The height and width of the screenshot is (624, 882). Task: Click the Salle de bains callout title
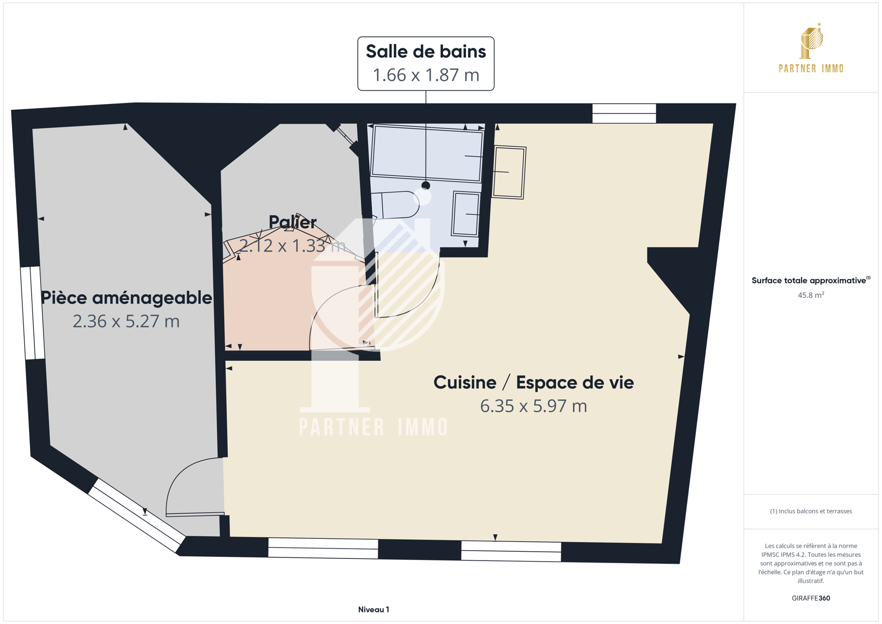pyautogui.click(x=425, y=51)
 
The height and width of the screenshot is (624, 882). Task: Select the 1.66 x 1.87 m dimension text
pyautogui.click(x=425, y=75)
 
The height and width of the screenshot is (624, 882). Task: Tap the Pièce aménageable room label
pyautogui.click(x=126, y=298)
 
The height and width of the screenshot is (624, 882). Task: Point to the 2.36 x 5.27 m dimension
pyautogui.click(x=126, y=321)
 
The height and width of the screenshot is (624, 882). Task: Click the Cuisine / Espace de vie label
pyautogui.click(x=534, y=383)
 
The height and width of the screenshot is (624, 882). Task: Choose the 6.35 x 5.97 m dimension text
pyautogui.click(x=534, y=406)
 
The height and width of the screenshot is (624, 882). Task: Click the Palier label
pyautogui.click(x=293, y=223)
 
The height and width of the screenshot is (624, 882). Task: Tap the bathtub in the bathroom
pyautogui.click(x=427, y=153)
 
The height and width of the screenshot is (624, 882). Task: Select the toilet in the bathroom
pyautogui.click(x=395, y=205)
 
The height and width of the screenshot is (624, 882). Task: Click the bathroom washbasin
pyautogui.click(x=465, y=214)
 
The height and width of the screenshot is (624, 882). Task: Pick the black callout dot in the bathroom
pyautogui.click(x=425, y=186)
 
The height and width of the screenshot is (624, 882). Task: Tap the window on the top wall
pyautogui.click(x=624, y=113)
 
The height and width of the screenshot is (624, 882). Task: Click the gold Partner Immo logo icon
pyautogui.click(x=811, y=41)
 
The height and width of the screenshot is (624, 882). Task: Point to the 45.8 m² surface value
pyautogui.click(x=811, y=295)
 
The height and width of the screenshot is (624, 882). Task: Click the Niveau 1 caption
pyautogui.click(x=373, y=609)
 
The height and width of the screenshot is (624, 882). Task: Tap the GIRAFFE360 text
pyautogui.click(x=811, y=598)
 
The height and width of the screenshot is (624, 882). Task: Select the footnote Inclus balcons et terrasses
pyautogui.click(x=811, y=511)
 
